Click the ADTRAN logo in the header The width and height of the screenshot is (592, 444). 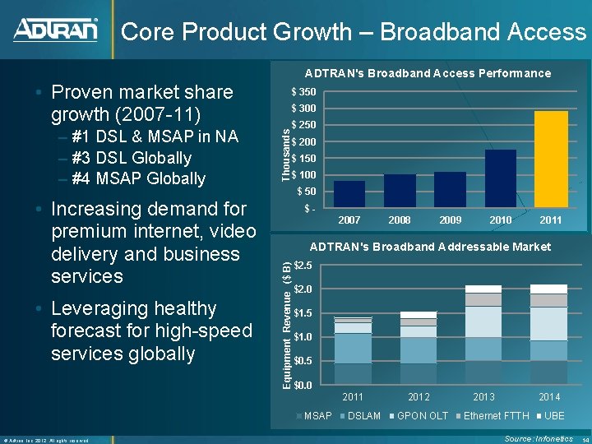pos(55,30)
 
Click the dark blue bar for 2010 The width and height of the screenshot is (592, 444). pos(500,178)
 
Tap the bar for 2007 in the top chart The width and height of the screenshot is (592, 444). pos(349,193)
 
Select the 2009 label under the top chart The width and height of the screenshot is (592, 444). pos(450,220)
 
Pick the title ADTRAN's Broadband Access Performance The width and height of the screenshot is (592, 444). pos(428,73)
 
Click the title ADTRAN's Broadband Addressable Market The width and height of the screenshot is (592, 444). pos(430,247)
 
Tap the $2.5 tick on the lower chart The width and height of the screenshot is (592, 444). pos(303,265)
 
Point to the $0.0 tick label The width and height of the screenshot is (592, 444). pos(303,385)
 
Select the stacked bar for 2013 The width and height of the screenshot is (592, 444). pos(483,335)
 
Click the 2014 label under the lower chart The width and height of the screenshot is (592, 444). pos(548,397)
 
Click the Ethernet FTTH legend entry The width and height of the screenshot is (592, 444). pos(493,416)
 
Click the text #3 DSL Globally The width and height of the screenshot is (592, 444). pos(131,158)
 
